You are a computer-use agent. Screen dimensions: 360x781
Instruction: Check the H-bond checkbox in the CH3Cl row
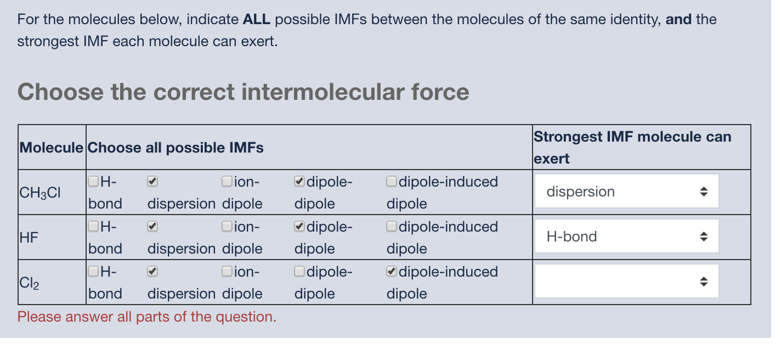[x=94, y=181]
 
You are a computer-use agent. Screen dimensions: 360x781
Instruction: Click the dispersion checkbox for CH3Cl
[x=153, y=181]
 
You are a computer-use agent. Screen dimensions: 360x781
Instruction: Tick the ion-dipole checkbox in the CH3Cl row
[x=227, y=181]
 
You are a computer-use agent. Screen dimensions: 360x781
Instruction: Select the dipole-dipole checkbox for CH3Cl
[x=299, y=181]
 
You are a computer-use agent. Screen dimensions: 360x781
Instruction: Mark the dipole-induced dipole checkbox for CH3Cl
[x=392, y=181]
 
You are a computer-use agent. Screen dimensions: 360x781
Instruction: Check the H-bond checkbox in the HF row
[x=94, y=226]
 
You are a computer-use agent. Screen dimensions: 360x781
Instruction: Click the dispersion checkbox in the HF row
[x=153, y=226]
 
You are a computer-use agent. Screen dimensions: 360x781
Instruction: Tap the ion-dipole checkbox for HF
[x=227, y=226]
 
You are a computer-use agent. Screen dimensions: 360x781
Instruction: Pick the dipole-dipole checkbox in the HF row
[x=299, y=226]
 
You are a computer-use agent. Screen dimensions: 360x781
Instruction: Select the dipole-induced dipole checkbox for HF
[x=392, y=226]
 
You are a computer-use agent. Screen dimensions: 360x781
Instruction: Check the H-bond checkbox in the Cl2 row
[x=94, y=271]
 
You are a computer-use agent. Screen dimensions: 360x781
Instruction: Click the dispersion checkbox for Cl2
[x=153, y=271]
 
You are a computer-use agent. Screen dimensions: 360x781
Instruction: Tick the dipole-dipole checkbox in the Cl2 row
[x=299, y=271]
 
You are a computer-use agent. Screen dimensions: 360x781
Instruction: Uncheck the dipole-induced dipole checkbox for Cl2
[x=392, y=271]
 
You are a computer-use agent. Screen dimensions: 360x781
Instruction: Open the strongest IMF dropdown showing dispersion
[x=626, y=192]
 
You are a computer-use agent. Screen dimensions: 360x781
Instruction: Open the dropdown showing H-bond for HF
[x=626, y=237]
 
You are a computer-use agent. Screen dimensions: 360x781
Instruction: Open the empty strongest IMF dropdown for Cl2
[x=626, y=282]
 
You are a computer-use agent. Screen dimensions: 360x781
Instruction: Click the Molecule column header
[x=52, y=148]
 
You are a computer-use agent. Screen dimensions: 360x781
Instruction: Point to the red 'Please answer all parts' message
[x=147, y=317]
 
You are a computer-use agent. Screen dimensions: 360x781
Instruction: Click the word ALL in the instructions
[x=257, y=20]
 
